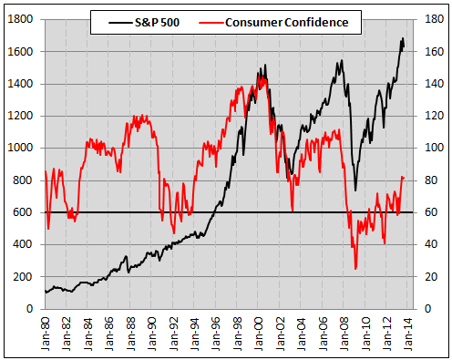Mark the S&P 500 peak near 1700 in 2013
pyautogui.click(x=403, y=38)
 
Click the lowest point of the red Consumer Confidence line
pyautogui.click(x=355, y=269)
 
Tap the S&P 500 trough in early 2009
pyautogui.click(x=355, y=190)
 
